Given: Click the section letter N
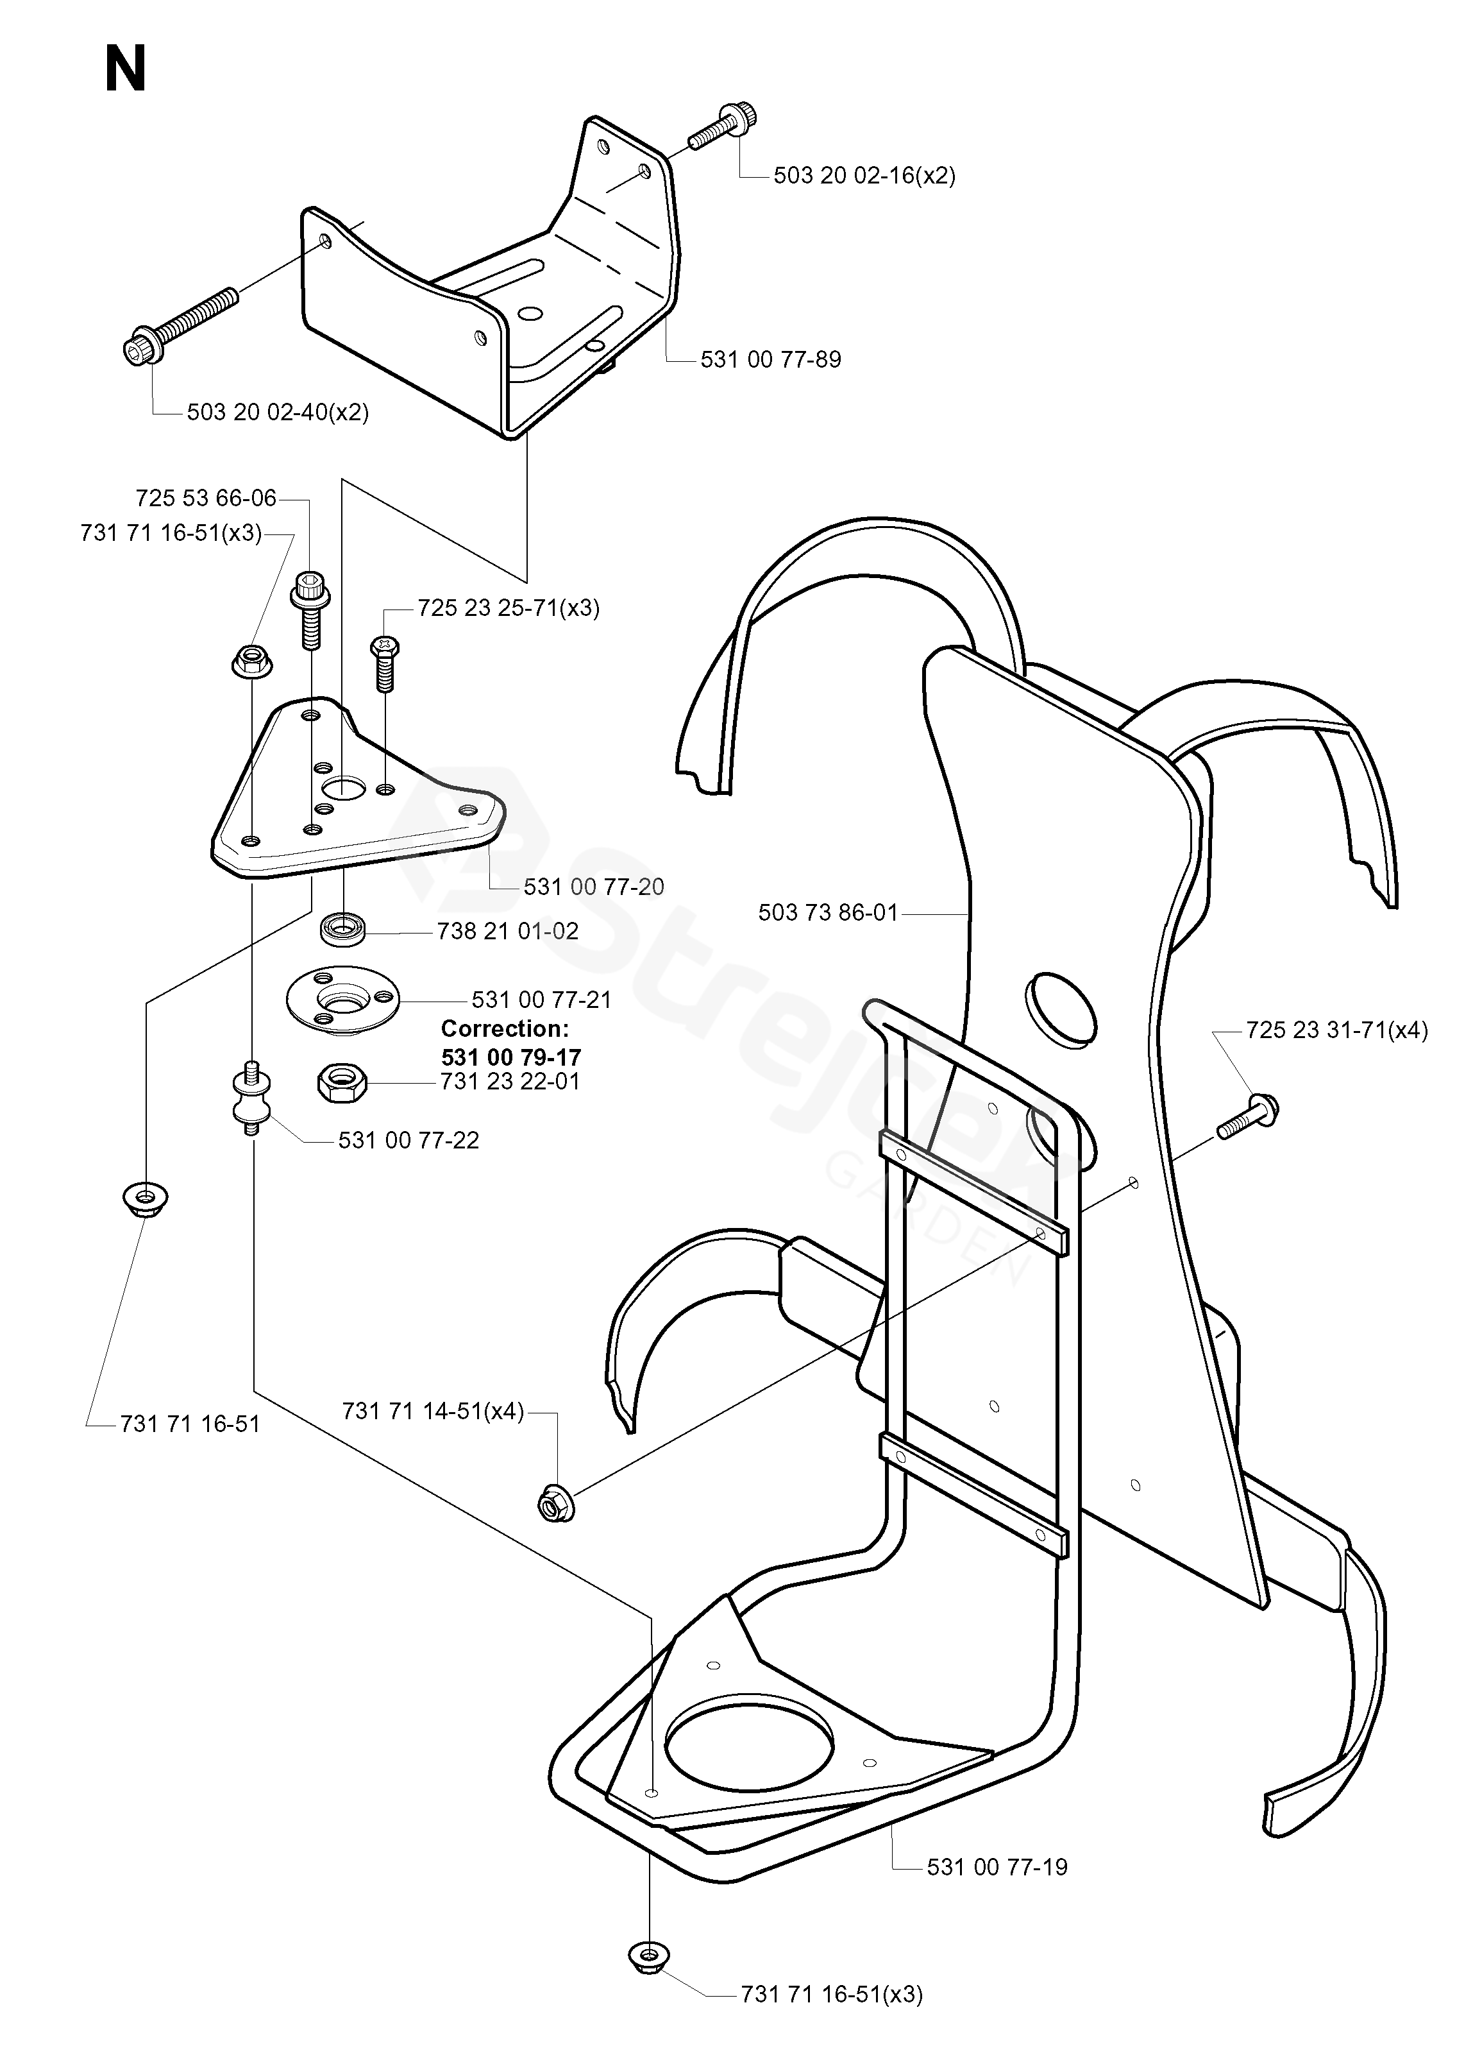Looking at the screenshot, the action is click(x=125, y=70).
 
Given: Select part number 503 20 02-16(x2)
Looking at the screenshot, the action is click(x=864, y=176).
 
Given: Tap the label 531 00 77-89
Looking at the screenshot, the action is click(x=770, y=360).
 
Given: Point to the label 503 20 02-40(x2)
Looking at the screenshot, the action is click(x=278, y=413).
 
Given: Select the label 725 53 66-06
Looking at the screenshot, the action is click(x=206, y=499).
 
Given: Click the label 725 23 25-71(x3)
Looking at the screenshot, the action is click(x=509, y=608).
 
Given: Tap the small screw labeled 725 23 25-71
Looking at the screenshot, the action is click(x=384, y=663).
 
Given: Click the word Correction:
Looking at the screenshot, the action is click(x=505, y=1029).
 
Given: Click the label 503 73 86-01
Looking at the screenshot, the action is click(x=828, y=912).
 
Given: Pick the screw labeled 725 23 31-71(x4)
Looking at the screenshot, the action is click(x=1247, y=1116).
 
